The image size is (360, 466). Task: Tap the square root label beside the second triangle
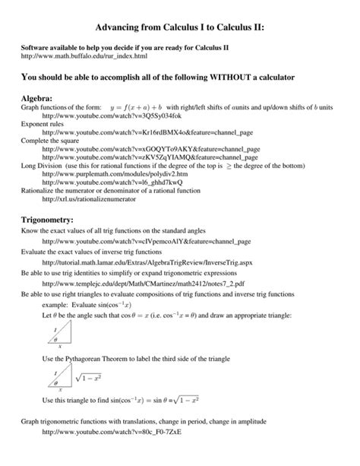[89, 376]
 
